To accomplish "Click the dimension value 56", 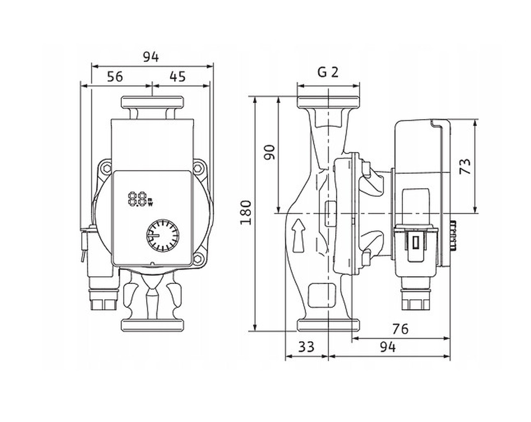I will [x=115, y=77].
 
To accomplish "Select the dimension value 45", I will [x=178, y=77].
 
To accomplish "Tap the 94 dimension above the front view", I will [x=151, y=57].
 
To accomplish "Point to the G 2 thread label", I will [x=328, y=72].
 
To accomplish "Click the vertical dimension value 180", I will [x=246, y=213].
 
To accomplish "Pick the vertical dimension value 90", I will [x=269, y=152].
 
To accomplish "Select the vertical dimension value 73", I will [x=465, y=166].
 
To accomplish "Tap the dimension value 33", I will [x=306, y=347].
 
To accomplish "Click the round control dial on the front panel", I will [x=163, y=235].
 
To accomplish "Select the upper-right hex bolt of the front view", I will [x=198, y=168].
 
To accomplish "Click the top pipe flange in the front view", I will [x=152, y=102].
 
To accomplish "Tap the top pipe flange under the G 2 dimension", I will [x=328, y=102].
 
